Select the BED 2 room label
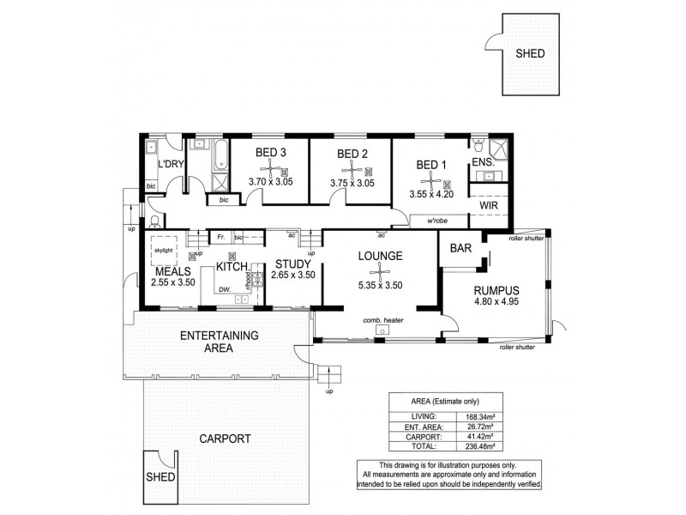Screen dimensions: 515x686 tap(352, 154)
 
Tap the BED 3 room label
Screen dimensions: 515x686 tap(270, 154)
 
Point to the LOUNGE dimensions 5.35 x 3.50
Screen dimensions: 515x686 tap(379, 286)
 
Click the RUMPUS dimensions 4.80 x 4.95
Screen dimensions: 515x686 tap(497, 301)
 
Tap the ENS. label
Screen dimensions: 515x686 tap(481, 163)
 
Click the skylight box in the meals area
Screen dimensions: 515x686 tap(163, 251)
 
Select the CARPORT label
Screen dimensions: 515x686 tap(225, 438)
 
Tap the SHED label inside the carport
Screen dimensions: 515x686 tap(160, 476)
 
